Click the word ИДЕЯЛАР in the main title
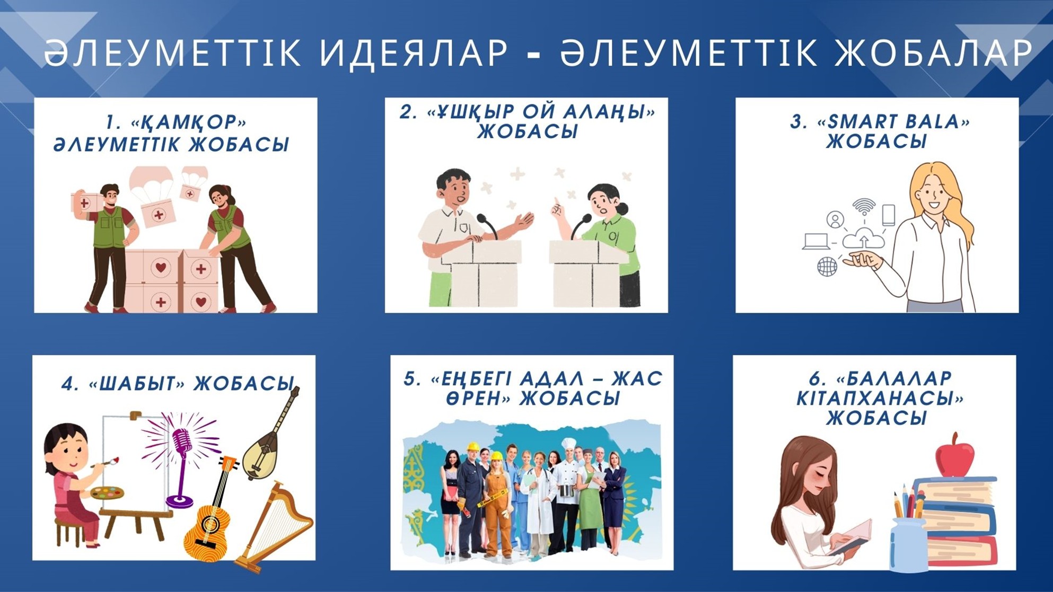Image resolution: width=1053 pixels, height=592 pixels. (414, 53)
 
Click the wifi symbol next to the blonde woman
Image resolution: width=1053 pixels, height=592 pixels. (864, 206)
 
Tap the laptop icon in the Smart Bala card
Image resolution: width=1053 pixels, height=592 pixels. (816, 241)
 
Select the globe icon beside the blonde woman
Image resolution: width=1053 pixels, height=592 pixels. (827, 266)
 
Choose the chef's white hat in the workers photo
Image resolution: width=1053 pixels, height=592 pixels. (568, 444)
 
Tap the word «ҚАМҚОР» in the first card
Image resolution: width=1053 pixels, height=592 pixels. (189, 123)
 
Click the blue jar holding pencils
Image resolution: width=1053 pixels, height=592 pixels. (908, 545)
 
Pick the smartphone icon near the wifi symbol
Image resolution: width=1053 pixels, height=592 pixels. (888, 215)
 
